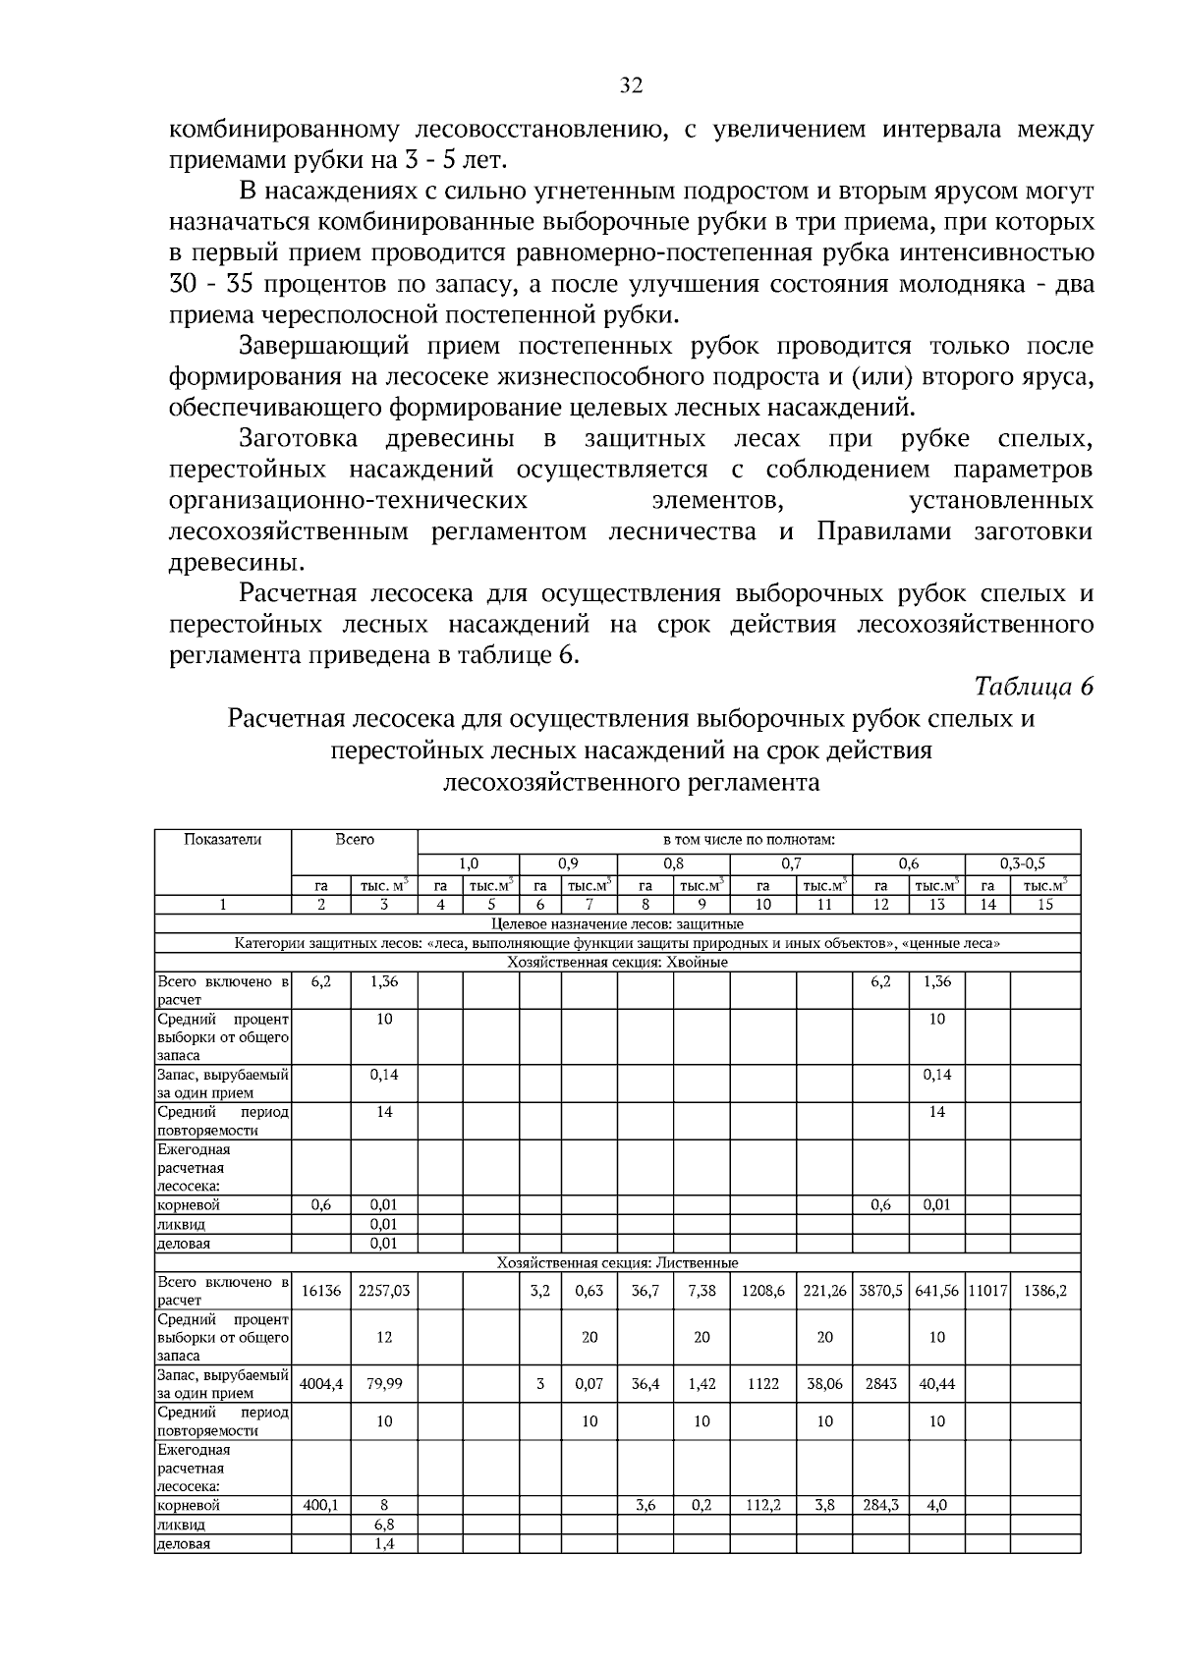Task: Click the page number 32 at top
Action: pyautogui.click(x=631, y=86)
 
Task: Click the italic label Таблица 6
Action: pyautogui.click(x=1033, y=687)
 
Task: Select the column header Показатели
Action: pyautogui.click(x=223, y=839)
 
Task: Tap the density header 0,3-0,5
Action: pyautogui.click(x=1023, y=864)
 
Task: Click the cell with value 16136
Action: pyautogui.click(x=320, y=1291)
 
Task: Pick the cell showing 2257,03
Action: pyautogui.click(x=384, y=1291)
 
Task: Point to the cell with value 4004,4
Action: pyautogui.click(x=320, y=1383)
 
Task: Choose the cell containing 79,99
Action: pyautogui.click(x=384, y=1383)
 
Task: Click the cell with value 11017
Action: pyautogui.click(x=987, y=1291)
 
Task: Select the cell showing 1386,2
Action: pyautogui.click(x=1044, y=1291)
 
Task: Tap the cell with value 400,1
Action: pyautogui.click(x=320, y=1504)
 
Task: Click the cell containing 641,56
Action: pyautogui.click(x=936, y=1291)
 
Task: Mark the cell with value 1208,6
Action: pyautogui.click(x=762, y=1291)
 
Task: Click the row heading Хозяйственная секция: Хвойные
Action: pyautogui.click(x=617, y=962)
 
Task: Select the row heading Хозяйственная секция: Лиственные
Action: pyautogui.click(x=617, y=1262)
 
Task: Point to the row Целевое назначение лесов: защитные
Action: pyautogui.click(x=617, y=924)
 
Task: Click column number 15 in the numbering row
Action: pyautogui.click(x=1044, y=905)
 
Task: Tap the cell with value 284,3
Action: pyautogui.click(x=880, y=1504)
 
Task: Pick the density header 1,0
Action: pyautogui.click(x=469, y=864)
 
